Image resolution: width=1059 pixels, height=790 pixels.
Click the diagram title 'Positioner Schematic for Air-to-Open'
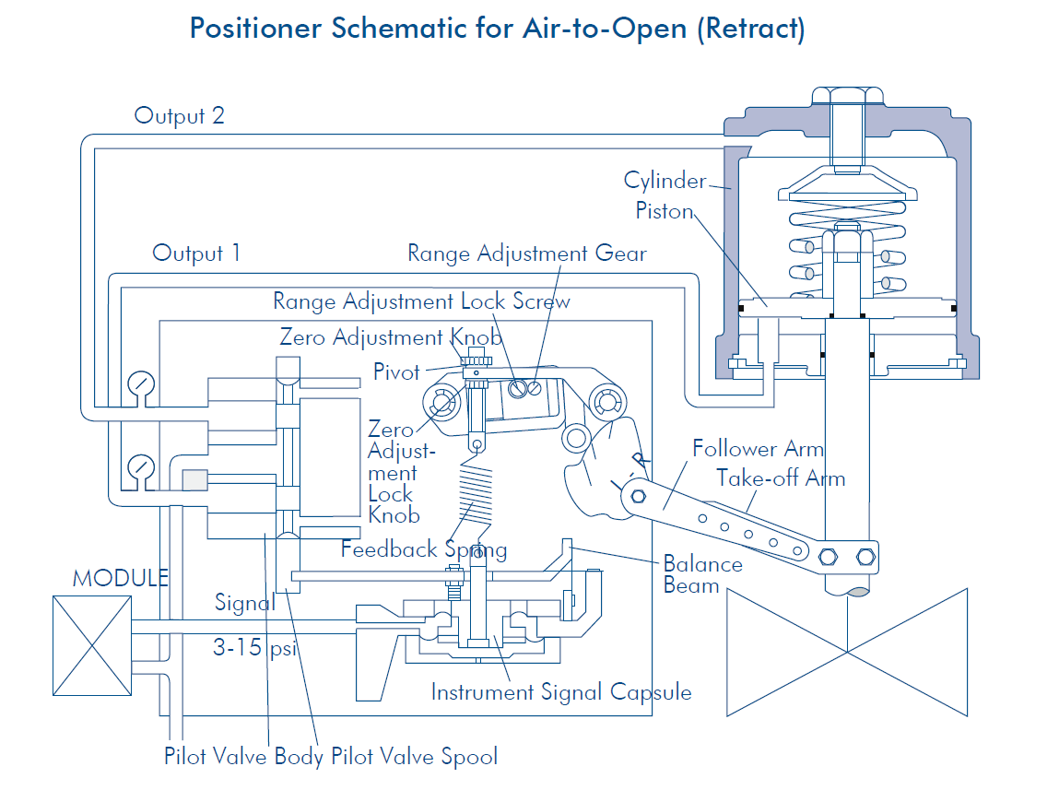(x=497, y=28)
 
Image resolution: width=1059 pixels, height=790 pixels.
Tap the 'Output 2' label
(x=179, y=116)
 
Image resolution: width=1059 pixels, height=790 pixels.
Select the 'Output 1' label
(x=196, y=254)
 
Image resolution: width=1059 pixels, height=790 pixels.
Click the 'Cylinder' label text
(x=665, y=180)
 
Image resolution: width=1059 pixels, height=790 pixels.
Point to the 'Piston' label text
(x=664, y=211)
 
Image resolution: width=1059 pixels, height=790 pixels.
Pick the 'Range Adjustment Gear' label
(x=527, y=254)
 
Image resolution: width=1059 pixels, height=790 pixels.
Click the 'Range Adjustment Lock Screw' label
(x=421, y=301)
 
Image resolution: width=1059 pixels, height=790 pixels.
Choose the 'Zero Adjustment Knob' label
(x=391, y=337)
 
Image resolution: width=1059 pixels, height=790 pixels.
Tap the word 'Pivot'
(x=396, y=372)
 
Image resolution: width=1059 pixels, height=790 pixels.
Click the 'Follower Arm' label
(x=758, y=449)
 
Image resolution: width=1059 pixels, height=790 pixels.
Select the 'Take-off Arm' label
(x=781, y=478)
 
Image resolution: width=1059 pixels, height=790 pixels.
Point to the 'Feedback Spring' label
(x=424, y=550)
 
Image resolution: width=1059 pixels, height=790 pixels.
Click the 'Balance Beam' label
(x=702, y=574)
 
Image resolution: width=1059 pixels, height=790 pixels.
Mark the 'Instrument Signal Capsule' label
(x=561, y=692)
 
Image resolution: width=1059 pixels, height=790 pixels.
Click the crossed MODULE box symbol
(x=92, y=644)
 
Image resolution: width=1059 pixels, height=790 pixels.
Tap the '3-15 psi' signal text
(x=255, y=648)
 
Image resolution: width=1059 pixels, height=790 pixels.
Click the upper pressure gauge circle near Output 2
(x=141, y=383)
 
